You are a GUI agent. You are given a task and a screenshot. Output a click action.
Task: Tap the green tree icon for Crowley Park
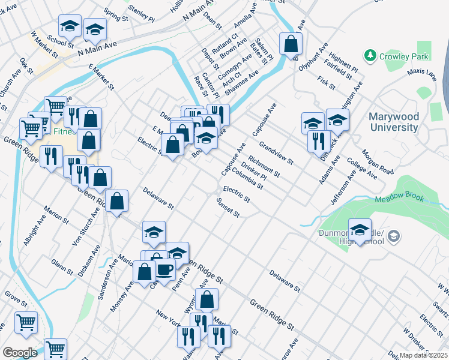tap(370, 56)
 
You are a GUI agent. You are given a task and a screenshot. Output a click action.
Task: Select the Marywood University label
tap(394, 122)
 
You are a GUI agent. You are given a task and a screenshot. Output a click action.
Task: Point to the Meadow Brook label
tap(399, 199)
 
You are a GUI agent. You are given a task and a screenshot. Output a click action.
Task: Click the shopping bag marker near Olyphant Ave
tap(291, 44)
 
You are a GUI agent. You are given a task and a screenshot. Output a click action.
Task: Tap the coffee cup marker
tap(164, 269)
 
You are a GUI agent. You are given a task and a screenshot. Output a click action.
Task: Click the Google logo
tap(19, 353)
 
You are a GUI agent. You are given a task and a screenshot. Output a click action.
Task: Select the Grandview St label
tap(276, 153)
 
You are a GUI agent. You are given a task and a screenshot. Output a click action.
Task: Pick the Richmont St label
tap(264, 167)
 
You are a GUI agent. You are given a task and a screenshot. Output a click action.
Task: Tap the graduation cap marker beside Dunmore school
tap(360, 230)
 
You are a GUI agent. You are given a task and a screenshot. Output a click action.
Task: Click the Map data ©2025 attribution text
tap(424, 355)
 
